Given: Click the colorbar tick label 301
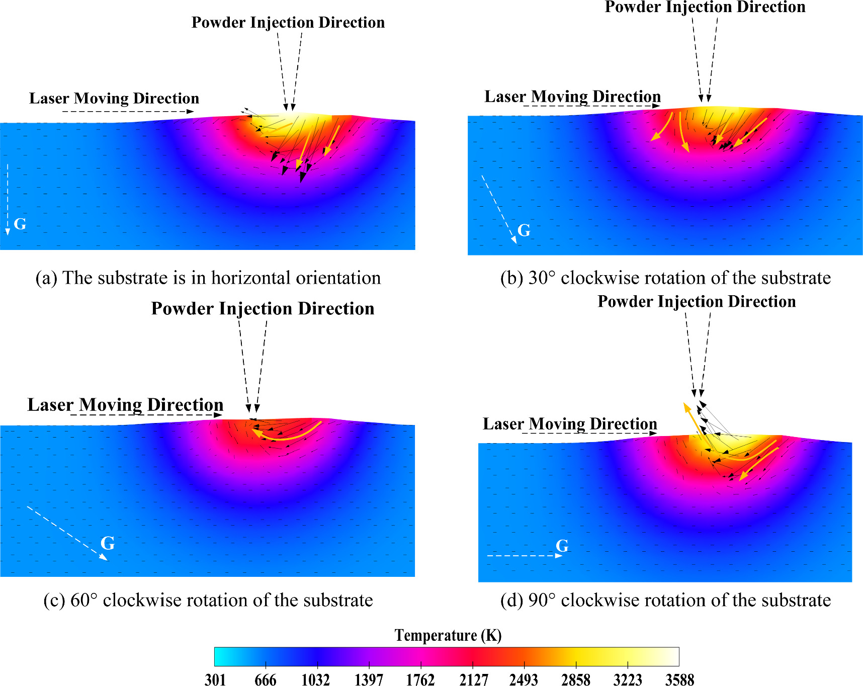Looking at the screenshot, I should pos(215,680).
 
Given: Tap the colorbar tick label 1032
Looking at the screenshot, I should pos(316,680).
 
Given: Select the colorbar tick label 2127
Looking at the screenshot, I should pos(473,680).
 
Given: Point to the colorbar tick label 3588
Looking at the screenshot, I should pos(679,680).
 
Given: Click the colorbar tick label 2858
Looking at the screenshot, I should pos(576,680).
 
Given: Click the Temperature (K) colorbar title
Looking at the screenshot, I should pos(448,635).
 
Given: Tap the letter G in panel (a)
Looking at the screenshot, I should pos(20,224).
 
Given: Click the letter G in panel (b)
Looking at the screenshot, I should pos(524,230).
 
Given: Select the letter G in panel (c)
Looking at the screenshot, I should pos(108,543).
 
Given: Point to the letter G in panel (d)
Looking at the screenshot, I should pos(562,546).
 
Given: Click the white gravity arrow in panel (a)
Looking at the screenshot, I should pos(8,199).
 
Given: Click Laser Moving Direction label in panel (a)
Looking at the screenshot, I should pos(114,98).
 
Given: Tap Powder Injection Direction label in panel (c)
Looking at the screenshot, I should pos(263,308).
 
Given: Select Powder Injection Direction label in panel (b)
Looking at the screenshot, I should pos(705,7).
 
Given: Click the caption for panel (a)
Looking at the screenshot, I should pos(208,278).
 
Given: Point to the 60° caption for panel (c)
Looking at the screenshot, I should pos(208,600).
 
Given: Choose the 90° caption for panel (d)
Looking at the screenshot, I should pos(665,600).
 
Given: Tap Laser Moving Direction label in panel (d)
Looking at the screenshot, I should pos(570,423).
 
